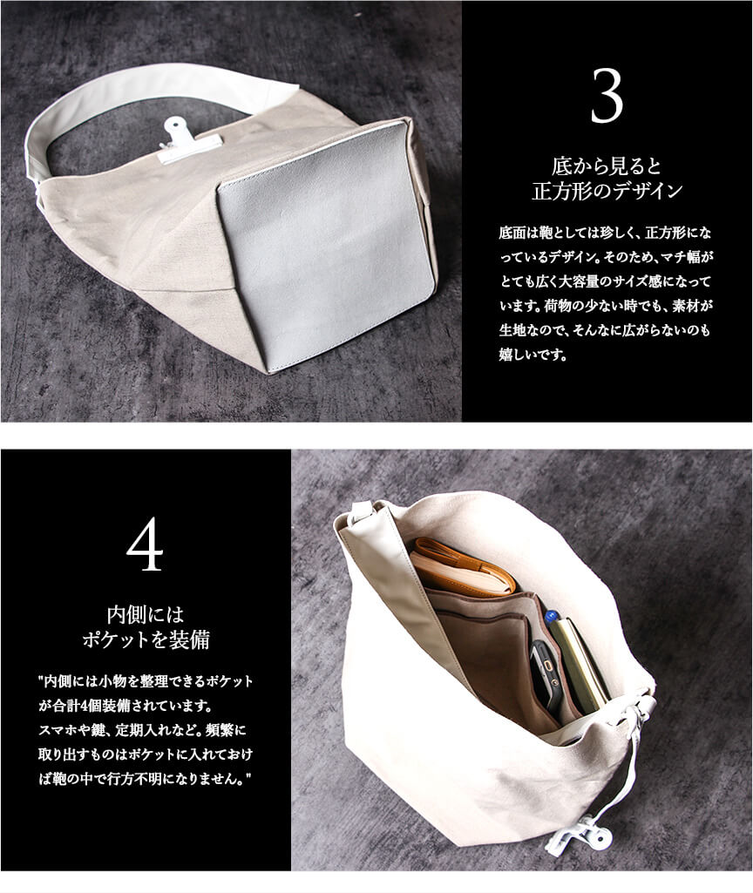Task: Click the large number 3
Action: (607, 96)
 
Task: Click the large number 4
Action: (146, 545)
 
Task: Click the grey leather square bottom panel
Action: (326, 245)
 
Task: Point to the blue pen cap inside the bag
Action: (551, 617)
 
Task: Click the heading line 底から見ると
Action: (607, 166)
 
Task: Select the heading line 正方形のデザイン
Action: (607, 191)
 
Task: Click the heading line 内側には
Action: (146, 615)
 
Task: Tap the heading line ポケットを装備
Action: (146, 639)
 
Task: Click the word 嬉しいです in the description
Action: (533, 355)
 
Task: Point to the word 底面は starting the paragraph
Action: (519, 233)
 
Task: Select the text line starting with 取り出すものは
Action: (146, 754)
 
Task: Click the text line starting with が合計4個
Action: (125, 706)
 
